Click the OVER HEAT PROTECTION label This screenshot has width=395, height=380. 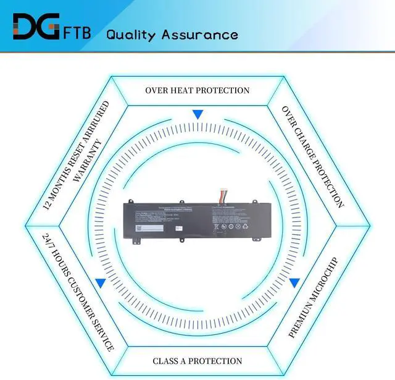click(x=197, y=90)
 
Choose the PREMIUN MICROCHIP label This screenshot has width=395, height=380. click(x=313, y=297)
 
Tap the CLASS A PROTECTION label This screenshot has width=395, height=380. click(x=197, y=360)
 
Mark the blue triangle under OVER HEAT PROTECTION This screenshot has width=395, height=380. click(x=197, y=114)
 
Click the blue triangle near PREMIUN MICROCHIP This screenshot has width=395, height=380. click(x=295, y=282)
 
